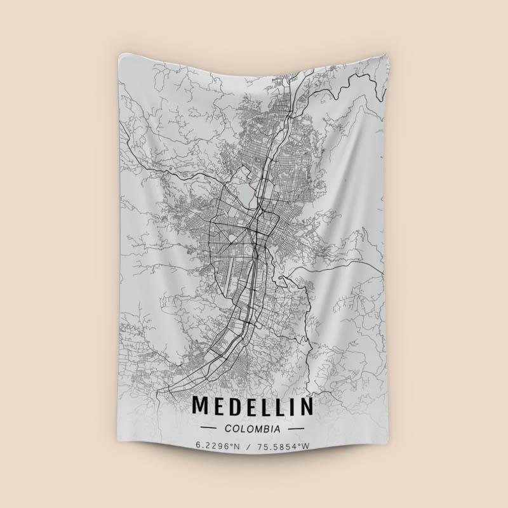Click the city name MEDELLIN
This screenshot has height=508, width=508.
[x=253, y=405]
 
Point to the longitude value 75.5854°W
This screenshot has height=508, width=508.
[x=283, y=446]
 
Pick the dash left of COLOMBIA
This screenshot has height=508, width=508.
[x=207, y=429]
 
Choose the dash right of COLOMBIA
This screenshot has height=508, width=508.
[x=298, y=429]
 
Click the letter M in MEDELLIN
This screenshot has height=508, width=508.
[x=200, y=405]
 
